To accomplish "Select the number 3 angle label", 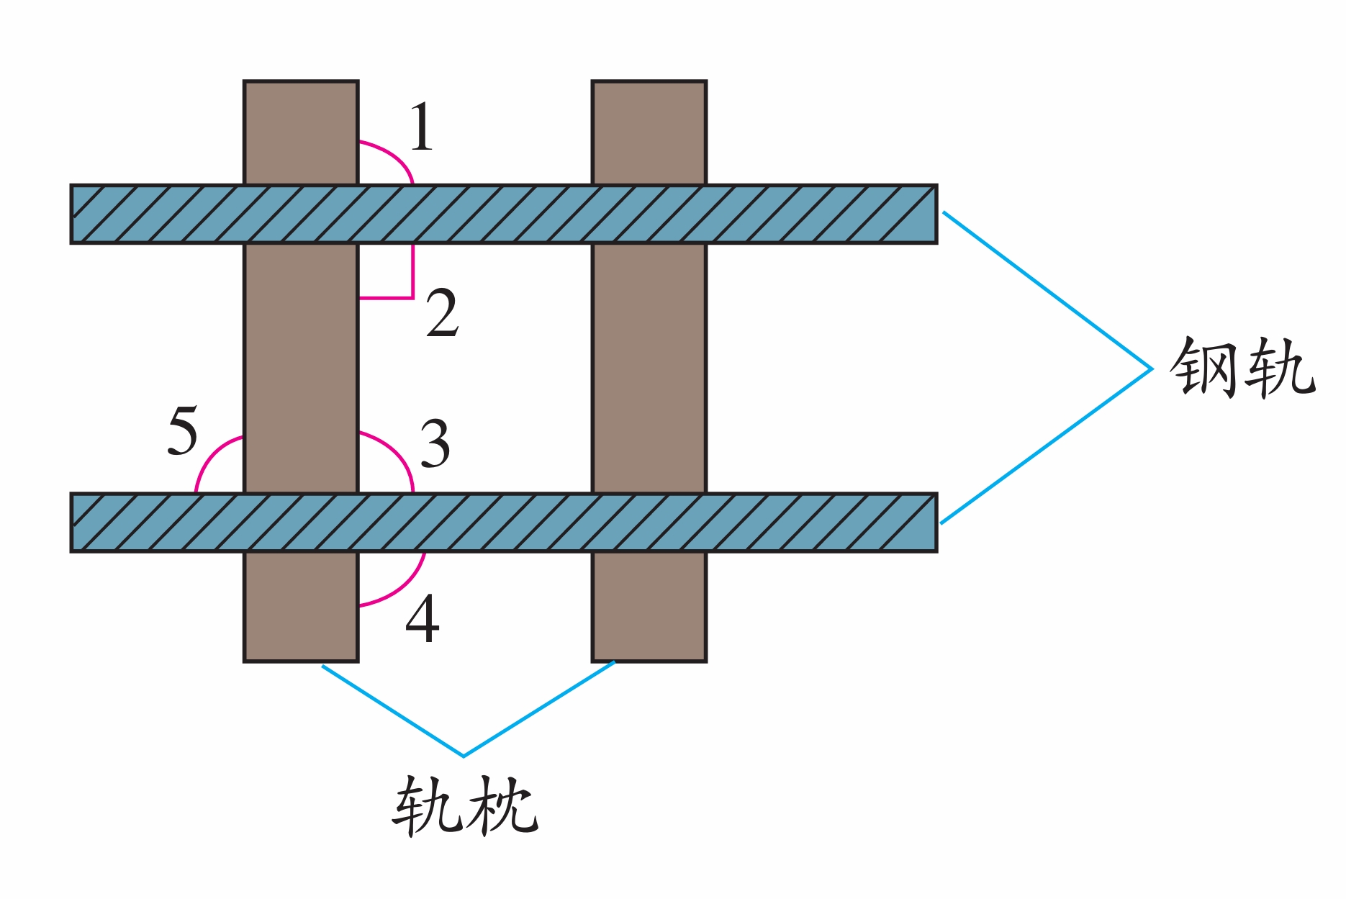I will [435, 443].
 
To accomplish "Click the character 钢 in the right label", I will [1206, 367].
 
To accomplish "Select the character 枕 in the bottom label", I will [502, 805].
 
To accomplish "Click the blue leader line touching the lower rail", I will [1047, 446].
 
